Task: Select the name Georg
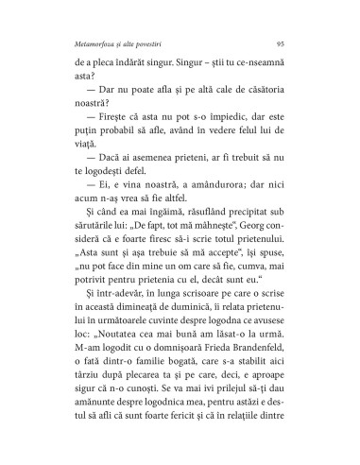point(234,251)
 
